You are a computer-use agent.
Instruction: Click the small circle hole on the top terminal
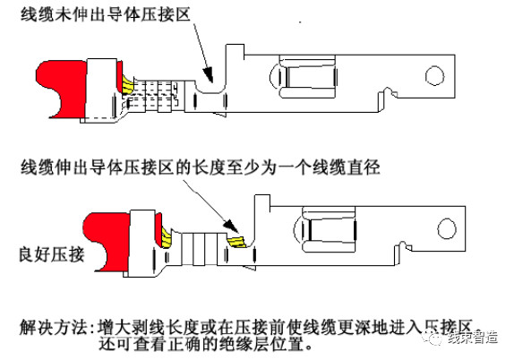coord(434,76)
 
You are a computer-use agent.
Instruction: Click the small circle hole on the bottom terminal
coord(447,229)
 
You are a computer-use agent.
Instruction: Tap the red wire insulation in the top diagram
coord(63,89)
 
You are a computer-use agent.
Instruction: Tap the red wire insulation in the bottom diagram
coord(108,241)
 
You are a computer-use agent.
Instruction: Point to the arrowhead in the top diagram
coord(208,74)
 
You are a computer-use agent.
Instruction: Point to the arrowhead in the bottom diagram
coord(232,227)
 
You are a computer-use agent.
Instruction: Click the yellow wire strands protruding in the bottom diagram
coord(236,242)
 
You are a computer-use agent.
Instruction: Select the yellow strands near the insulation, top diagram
coord(128,84)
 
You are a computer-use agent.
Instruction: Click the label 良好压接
coord(52,254)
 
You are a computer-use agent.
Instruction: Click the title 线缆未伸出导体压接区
coord(106,14)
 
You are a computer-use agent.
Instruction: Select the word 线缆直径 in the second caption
coord(347,167)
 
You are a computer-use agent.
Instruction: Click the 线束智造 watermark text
coord(473,338)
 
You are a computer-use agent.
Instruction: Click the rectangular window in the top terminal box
coord(308,77)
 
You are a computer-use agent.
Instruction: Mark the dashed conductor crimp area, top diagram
coord(154,95)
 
